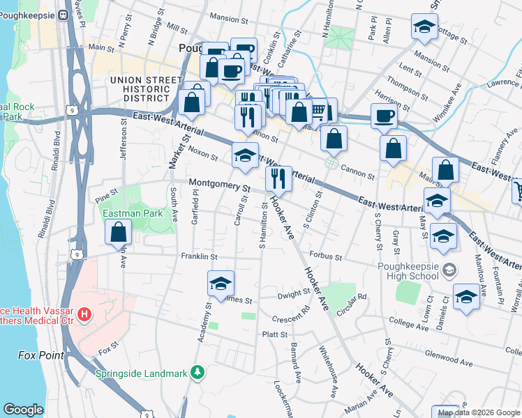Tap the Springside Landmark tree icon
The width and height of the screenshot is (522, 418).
pos(198,373)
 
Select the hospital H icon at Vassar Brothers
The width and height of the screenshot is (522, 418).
pos(84,315)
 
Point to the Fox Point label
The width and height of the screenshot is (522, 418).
pos(40,355)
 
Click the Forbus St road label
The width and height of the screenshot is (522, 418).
pos(326,256)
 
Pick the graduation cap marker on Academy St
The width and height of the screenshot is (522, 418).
pos(221,283)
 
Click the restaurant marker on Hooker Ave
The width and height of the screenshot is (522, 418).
pos(278,178)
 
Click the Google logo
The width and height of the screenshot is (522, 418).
pos(23,410)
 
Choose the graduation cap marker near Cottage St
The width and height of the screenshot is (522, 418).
pos(424,27)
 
